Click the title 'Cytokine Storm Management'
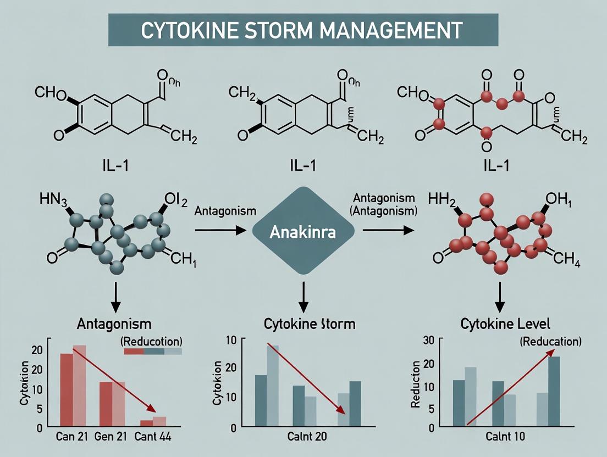[x=302, y=30]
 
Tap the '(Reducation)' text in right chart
[x=550, y=341]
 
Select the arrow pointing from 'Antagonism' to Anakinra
[x=220, y=231]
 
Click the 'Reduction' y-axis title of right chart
[x=416, y=384]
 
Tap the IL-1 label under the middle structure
[x=304, y=165]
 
